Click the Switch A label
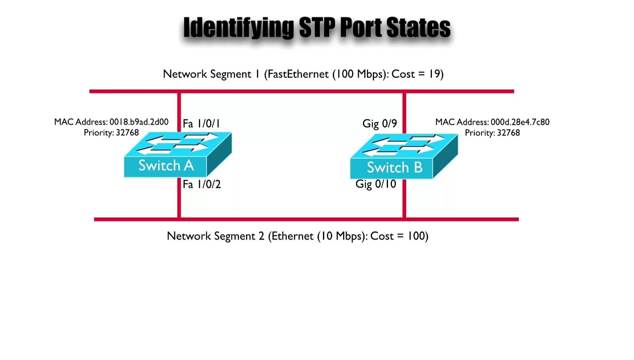tap(166, 165)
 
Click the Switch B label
tap(394, 167)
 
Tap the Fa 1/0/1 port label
tap(201, 124)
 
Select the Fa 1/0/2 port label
tap(201, 184)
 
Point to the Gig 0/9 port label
tap(379, 124)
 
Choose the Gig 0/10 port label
tap(375, 184)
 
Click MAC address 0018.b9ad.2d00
tap(139, 122)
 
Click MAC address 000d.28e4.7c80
tap(520, 122)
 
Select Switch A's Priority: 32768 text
tap(111, 132)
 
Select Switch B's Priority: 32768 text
tap(492, 133)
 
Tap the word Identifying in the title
tap(238, 28)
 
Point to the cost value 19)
tap(436, 74)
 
